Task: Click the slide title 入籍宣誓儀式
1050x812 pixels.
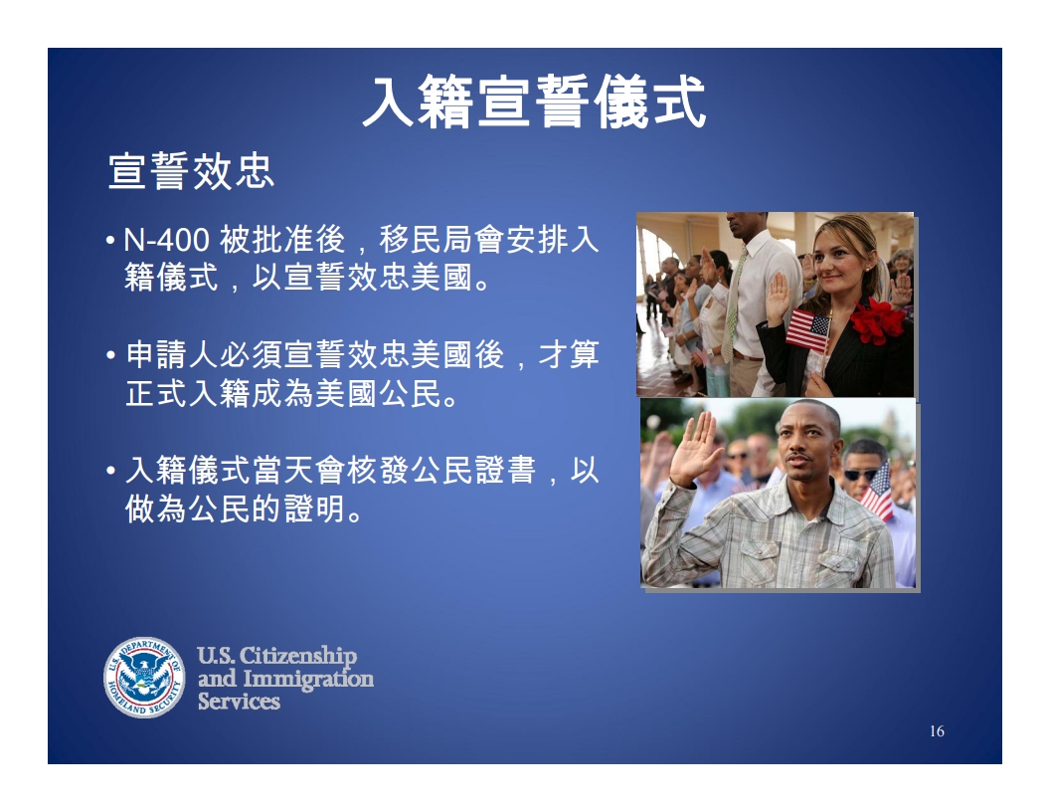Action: click(534, 101)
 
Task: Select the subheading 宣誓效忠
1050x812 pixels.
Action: click(192, 171)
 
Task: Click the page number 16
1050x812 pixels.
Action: click(937, 731)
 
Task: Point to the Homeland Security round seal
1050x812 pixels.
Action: click(144, 677)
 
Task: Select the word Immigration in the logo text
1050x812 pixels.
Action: click(308, 679)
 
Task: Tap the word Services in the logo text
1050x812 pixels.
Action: click(239, 701)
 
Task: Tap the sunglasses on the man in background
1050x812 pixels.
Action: click(859, 475)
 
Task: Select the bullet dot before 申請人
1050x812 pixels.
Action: click(111, 355)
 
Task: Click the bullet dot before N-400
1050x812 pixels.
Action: click(110, 240)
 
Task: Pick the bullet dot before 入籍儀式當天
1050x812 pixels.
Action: click(111, 471)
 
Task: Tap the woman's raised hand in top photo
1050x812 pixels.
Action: click(778, 299)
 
